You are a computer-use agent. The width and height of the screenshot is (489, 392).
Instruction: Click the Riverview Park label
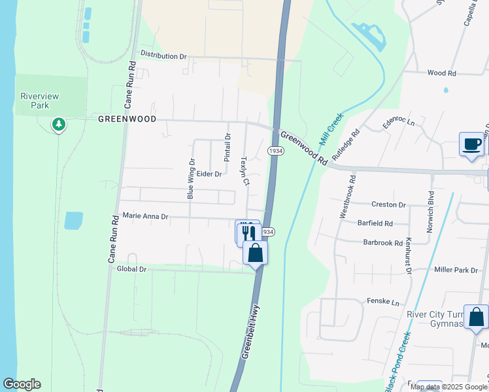click(x=39, y=101)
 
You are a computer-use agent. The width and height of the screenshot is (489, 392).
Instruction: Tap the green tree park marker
click(x=59, y=123)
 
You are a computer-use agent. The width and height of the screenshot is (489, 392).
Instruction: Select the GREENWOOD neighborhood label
click(x=127, y=120)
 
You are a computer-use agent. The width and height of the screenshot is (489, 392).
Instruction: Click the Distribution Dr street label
click(x=163, y=56)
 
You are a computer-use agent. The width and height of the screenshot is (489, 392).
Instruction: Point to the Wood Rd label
click(x=441, y=73)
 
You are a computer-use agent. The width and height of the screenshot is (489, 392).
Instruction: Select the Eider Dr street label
click(x=209, y=174)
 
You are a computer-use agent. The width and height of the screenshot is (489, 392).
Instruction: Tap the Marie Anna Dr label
click(x=145, y=216)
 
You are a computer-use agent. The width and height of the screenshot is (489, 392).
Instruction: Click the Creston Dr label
click(x=388, y=204)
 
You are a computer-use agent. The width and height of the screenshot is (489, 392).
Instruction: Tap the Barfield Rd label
click(x=375, y=223)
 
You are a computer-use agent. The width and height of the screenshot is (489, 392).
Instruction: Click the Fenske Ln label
click(x=386, y=303)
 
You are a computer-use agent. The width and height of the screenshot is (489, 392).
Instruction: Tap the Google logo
click(x=22, y=384)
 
